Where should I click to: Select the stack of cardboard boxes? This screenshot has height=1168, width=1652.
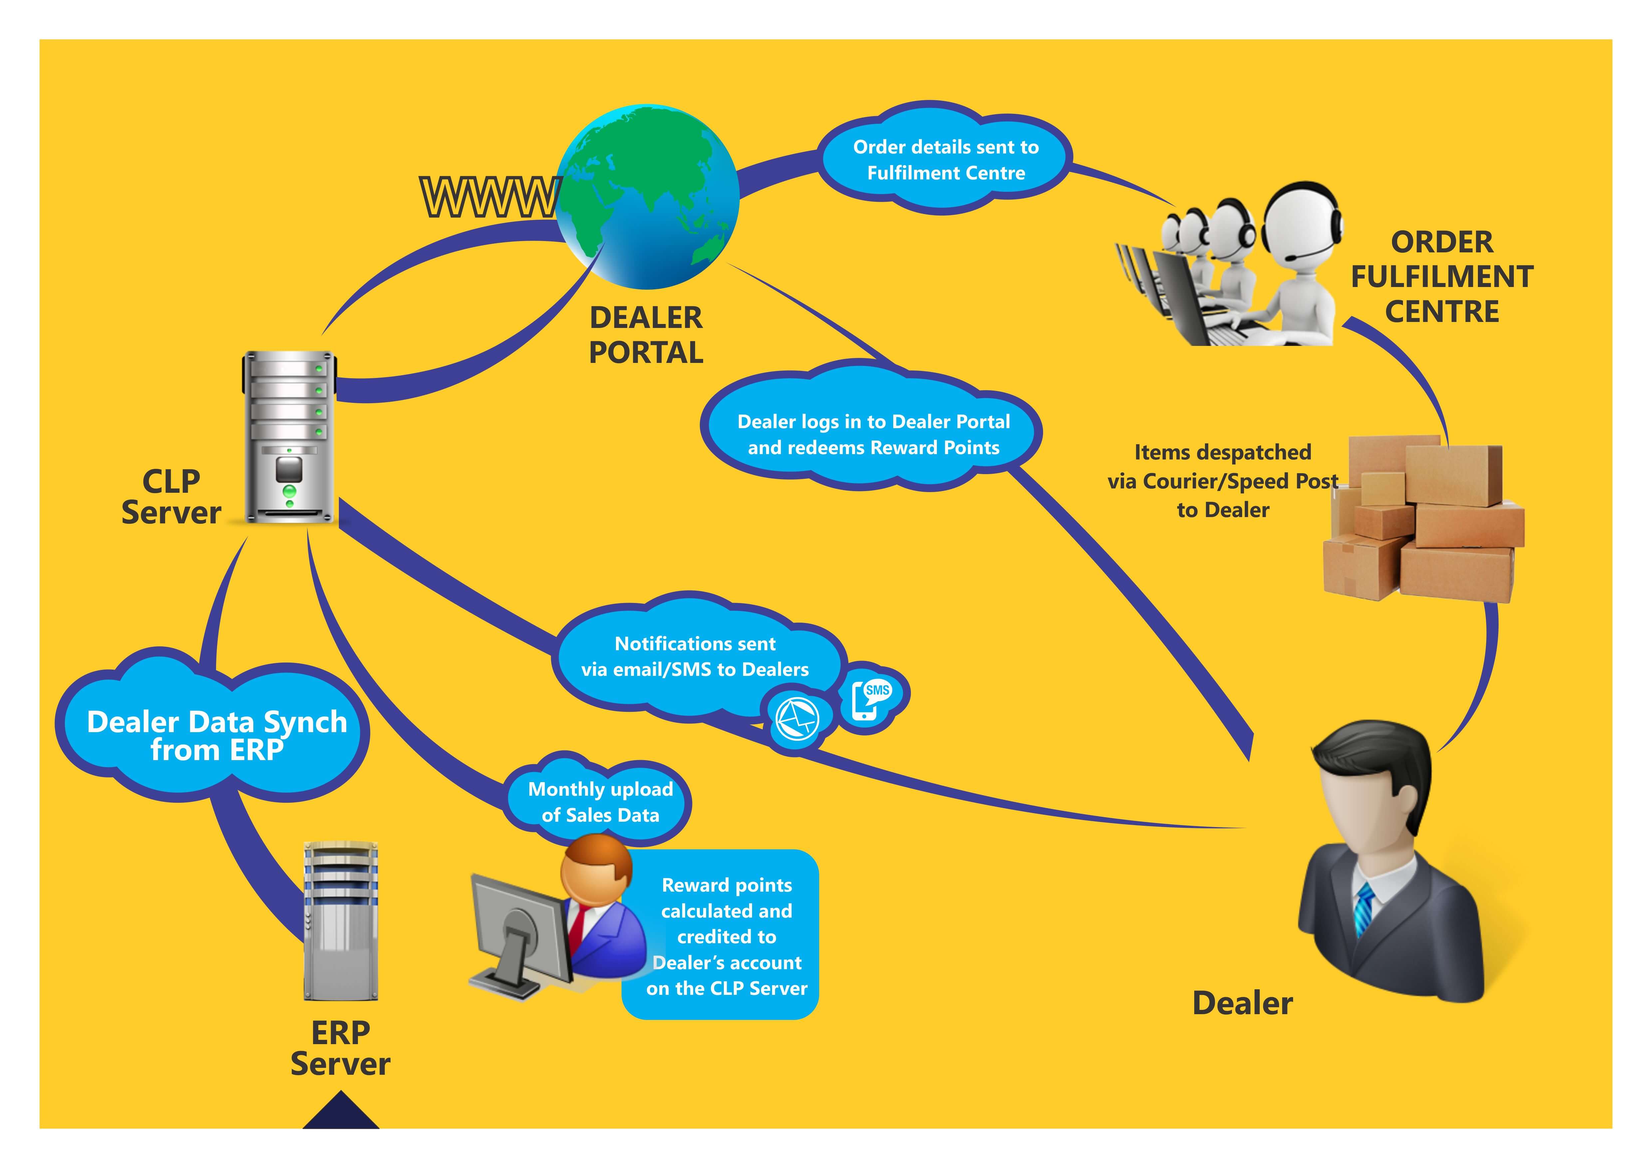pos(1425,518)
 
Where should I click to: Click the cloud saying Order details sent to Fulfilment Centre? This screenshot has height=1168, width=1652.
pos(946,160)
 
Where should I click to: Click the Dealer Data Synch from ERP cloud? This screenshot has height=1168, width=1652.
pos(216,734)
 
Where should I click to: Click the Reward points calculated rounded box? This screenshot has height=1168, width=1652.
pos(727,936)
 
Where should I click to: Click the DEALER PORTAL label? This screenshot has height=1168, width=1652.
pos(646,335)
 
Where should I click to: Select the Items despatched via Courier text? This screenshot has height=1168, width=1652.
pos(1223,481)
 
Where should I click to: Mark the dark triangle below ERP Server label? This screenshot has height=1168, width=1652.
pos(340,1112)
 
